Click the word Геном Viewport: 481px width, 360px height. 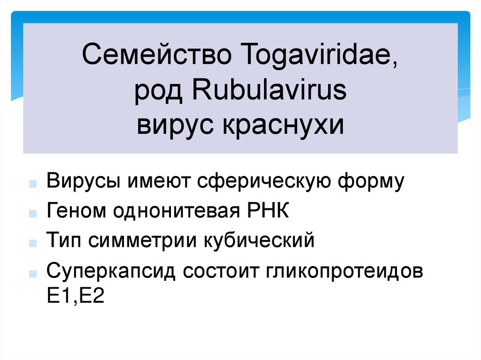75,211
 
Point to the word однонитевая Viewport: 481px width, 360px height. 178,211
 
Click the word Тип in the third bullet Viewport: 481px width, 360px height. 62,241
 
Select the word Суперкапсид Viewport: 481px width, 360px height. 111,271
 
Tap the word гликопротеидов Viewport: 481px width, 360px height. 344,271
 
